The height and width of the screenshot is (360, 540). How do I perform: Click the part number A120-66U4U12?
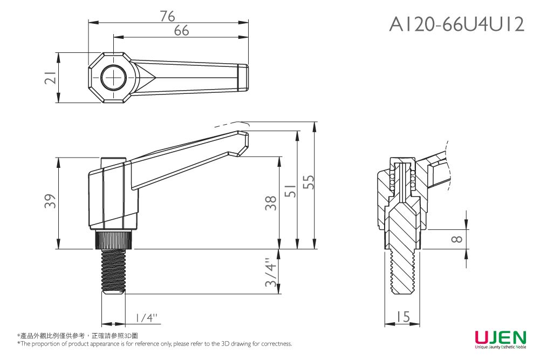tap(456, 24)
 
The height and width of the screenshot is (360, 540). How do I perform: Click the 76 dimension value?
tap(168, 16)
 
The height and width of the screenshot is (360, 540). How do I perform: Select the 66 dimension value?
tap(181, 31)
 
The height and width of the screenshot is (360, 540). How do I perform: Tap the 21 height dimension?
tap(50, 78)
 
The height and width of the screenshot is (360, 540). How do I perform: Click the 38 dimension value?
tap(272, 203)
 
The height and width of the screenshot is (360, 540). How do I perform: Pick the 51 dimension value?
tap(291, 190)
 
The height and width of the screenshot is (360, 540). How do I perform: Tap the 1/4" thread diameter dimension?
tap(146, 317)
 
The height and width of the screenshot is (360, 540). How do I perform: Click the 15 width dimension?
tap(402, 317)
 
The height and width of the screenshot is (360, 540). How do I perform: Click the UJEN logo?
tap(500, 338)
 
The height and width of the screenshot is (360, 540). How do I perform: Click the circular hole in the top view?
tap(113, 78)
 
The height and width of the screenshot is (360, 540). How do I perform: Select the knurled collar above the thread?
tap(113, 240)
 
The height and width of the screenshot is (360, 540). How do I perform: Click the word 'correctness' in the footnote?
tap(276, 344)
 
